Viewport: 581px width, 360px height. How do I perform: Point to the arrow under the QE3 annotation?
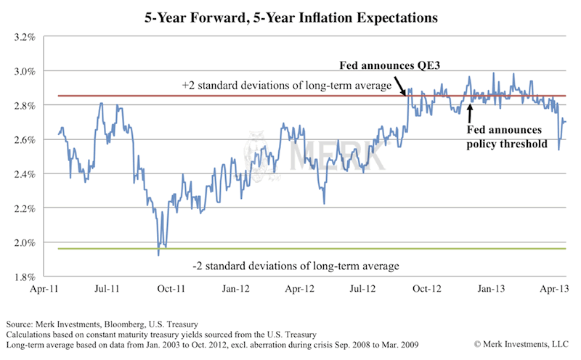[403, 82]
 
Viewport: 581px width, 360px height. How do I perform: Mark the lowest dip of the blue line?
[158, 254]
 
